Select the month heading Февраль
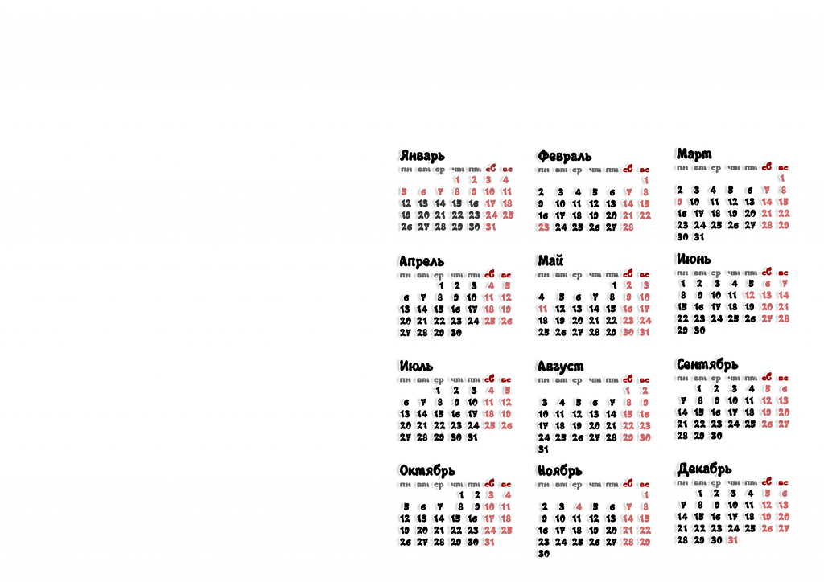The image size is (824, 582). (565, 155)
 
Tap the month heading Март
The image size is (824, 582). (694, 153)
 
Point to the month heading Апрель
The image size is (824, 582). (422, 262)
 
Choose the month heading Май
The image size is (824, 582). (551, 260)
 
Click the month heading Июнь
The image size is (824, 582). (694, 259)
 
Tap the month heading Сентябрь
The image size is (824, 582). (707, 365)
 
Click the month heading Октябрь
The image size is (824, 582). (426, 469)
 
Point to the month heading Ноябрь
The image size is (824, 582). (560, 470)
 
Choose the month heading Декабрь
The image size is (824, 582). (704, 468)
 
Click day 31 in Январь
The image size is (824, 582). (491, 227)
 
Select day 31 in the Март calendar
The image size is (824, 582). (699, 237)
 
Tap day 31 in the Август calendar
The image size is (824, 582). (543, 449)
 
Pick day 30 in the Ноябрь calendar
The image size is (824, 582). (543, 554)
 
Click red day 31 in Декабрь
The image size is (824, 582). (732, 540)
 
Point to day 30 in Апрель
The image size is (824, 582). (456, 332)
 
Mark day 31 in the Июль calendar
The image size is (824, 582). (473, 437)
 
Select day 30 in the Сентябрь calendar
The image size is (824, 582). (716, 435)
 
